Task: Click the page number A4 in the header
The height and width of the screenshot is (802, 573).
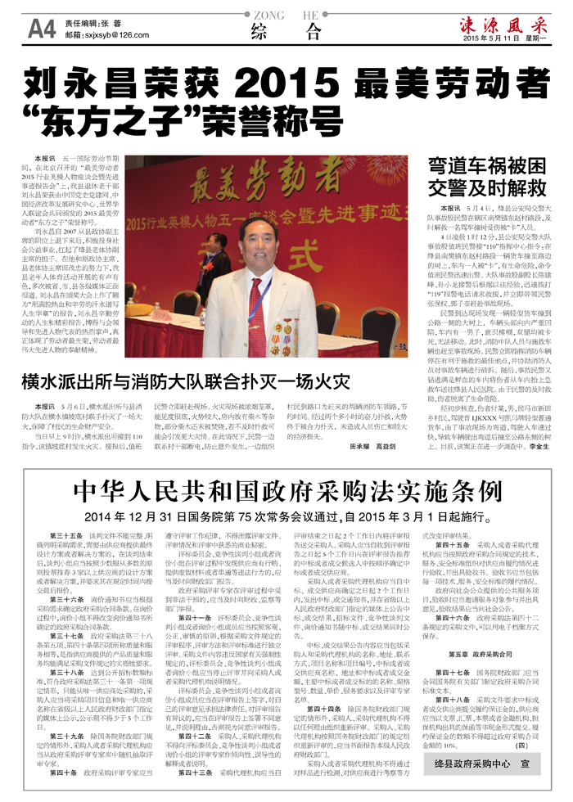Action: (x=41, y=29)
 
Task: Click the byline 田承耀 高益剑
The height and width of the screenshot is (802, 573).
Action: (x=374, y=447)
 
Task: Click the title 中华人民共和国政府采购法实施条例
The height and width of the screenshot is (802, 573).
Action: (x=286, y=492)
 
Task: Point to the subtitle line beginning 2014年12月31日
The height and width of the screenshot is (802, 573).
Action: (x=286, y=517)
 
